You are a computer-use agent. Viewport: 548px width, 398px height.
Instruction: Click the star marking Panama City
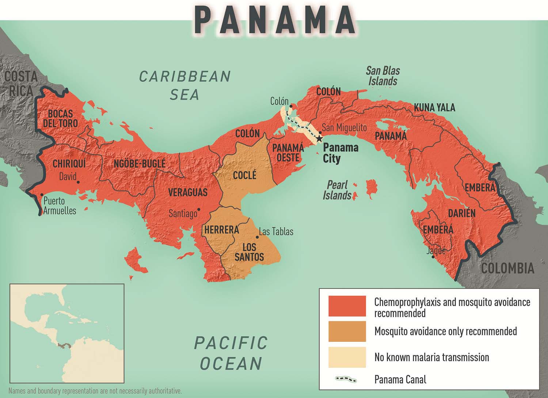(x=319, y=139)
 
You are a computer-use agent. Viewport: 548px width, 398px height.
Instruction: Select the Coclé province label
(x=244, y=175)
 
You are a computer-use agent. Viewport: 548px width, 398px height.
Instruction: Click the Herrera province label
(x=221, y=230)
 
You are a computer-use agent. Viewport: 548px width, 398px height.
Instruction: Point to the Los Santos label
(x=249, y=252)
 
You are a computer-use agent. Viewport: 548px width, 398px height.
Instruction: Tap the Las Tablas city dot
(x=257, y=237)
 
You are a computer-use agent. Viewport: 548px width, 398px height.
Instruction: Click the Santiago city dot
(x=199, y=210)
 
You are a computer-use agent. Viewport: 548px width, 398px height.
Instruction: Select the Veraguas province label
(x=188, y=192)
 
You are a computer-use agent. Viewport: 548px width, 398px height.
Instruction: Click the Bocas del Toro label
(x=60, y=118)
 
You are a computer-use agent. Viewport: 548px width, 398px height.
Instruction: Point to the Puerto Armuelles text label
(x=60, y=206)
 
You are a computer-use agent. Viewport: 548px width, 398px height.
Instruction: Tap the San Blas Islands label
(x=383, y=76)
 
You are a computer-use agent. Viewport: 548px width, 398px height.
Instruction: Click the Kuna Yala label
(x=434, y=107)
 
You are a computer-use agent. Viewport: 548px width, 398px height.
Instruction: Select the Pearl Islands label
(x=337, y=190)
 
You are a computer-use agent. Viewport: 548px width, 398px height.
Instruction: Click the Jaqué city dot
(x=433, y=257)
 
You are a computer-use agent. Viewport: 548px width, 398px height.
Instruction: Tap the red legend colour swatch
(x=347, y=306)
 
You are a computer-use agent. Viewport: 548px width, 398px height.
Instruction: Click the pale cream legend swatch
(x=347, y=357)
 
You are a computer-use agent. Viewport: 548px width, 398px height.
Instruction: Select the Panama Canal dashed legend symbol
(x=346, y=380)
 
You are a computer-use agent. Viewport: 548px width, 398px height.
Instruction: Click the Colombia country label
(x=507, y=268)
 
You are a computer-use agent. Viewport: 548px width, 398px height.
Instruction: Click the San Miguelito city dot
(x=320, y=133)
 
